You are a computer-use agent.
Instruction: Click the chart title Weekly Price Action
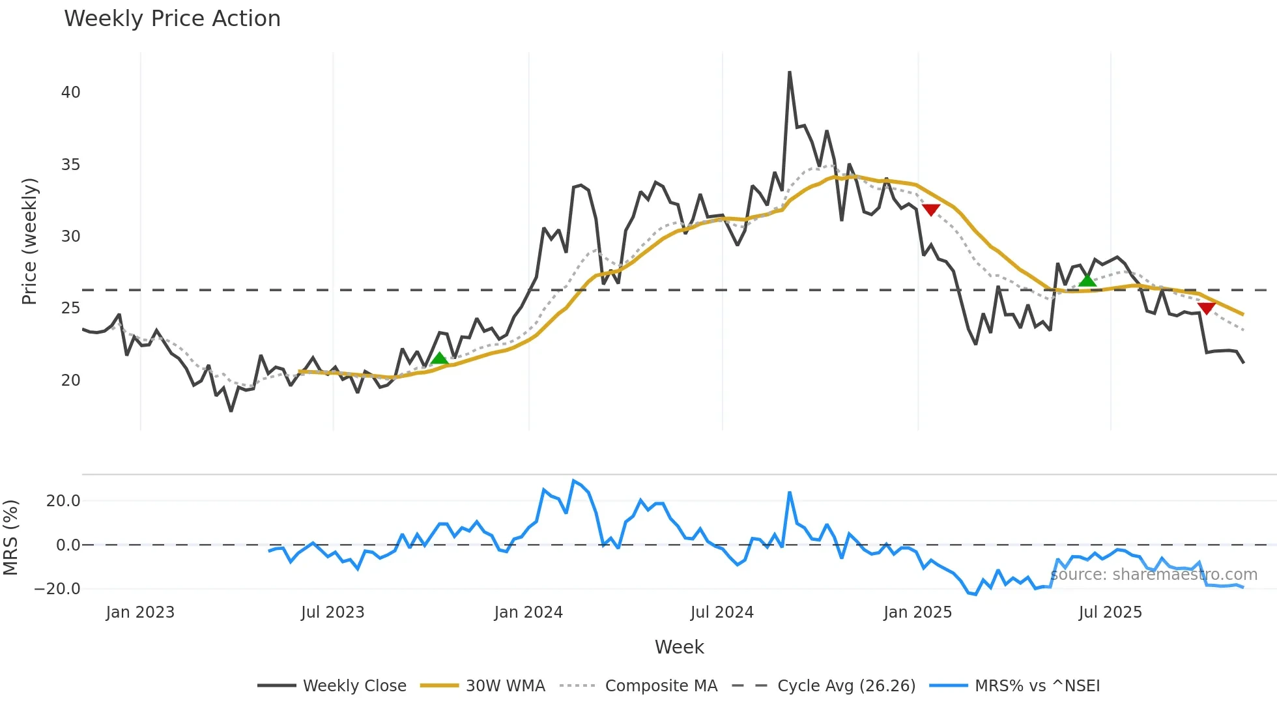coord(172,18)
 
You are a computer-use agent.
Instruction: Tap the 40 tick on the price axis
coord(70,93)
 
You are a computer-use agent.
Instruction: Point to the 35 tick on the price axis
coord(70,165)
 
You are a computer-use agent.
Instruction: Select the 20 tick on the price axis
coord(70,380)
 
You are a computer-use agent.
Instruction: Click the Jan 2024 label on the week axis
coord(528,612)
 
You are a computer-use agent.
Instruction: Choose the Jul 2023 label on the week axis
coord(332,612)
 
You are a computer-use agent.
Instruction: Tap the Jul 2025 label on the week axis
coord(1110,612)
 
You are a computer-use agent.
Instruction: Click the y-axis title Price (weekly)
coord(29,241)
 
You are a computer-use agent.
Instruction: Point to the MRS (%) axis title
coord(11,538)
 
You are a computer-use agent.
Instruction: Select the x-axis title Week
coord(679,647)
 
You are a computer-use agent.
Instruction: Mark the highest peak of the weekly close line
coord(790,72)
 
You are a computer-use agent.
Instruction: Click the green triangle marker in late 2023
coord(440,358)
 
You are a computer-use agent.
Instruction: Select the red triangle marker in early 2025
coord(931,210)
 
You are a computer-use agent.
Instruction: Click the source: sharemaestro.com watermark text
coord(1153,575)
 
